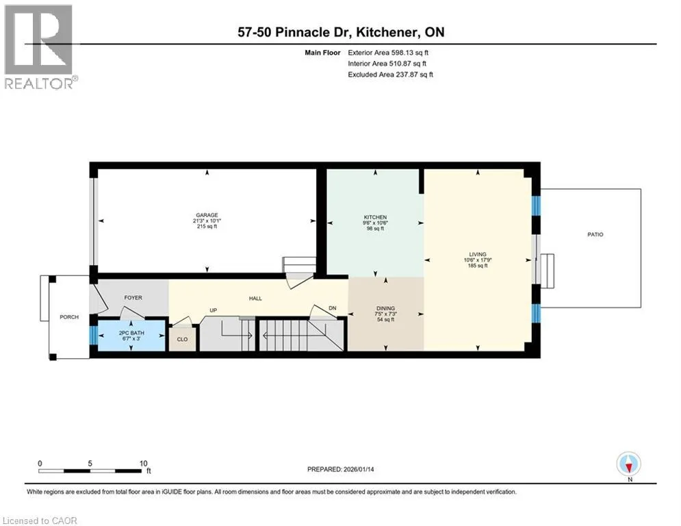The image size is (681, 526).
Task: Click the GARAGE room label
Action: [207, 215]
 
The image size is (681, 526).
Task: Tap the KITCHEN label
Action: [375, 217]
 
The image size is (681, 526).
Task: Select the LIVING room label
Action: [478, 254]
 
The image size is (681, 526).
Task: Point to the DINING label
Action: [385, 308]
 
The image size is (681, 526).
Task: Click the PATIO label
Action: [595, 234]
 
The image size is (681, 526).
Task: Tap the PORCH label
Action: [69, 317]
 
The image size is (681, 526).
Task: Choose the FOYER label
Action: [133, 298]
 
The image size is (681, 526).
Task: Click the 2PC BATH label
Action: [131, 333]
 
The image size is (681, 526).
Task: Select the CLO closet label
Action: [183, 339]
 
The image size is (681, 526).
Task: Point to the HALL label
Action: [255, 299]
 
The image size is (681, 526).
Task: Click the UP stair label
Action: [214, 310]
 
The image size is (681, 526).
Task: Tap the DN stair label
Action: [332, 308]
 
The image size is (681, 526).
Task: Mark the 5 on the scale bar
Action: [90, 464]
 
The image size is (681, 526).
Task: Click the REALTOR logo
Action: [40, 47]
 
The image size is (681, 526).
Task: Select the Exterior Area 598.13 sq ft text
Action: [388, 53]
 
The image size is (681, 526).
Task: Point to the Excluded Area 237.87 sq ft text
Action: [390, 75]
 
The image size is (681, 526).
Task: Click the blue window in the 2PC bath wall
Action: [93, 335]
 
